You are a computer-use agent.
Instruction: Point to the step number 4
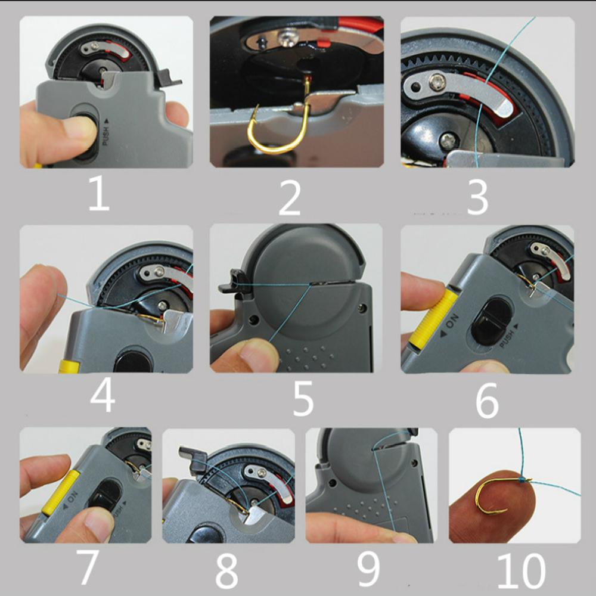coord(102,395)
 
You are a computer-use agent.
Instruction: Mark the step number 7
coord(88,567)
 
